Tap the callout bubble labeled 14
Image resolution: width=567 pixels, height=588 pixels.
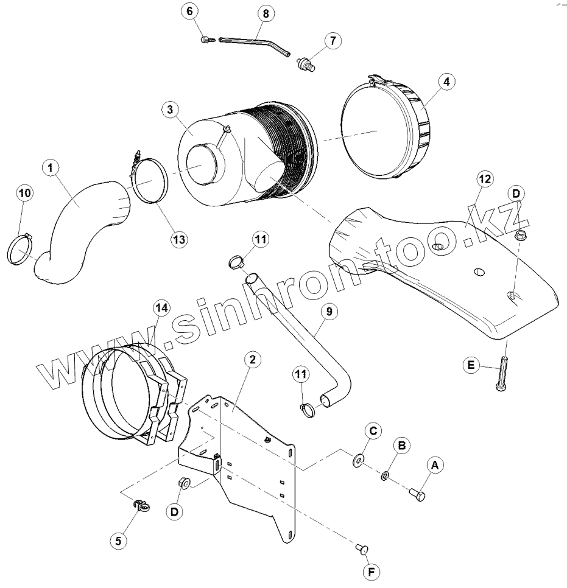pos(161,309)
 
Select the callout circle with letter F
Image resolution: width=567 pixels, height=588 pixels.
pos(370,572)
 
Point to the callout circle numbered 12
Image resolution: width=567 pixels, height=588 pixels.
pos(485,179)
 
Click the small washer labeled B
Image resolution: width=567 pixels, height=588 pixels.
pos(386,475)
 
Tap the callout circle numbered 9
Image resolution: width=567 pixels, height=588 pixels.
pos(328,312)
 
